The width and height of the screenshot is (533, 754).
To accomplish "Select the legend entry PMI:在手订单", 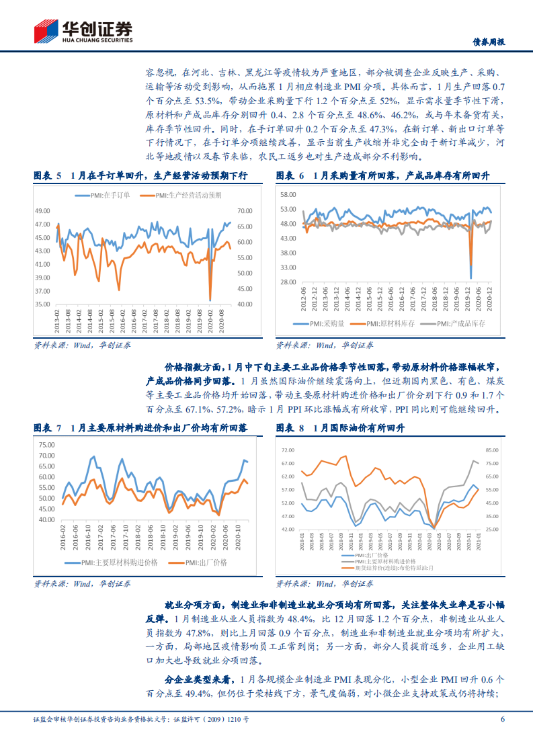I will pyautogui.click(x=107, y=196).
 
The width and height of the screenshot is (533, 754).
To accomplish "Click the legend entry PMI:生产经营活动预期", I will pyautogui.click(x=183, y=196).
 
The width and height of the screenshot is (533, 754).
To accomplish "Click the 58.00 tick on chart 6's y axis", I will pyautogui.click(x=288, y=194).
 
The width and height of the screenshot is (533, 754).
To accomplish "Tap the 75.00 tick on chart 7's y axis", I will pyautogui.click(x=46, y=445).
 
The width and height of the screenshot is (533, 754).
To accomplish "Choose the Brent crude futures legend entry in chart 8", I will pyautogui.click(x=380, y=568).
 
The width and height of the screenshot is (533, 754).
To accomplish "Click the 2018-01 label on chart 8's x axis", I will pyautogui.click(x=303, y=542).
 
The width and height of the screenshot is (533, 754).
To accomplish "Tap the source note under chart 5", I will pyautogui.click(x=82, y=345).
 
